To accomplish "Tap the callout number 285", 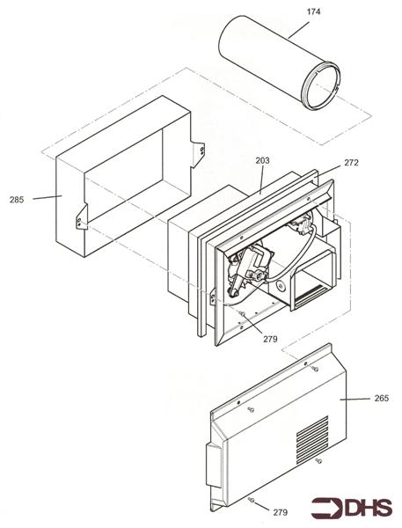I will [x=17, y=198].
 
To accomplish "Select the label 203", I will [x=262, y=161].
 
